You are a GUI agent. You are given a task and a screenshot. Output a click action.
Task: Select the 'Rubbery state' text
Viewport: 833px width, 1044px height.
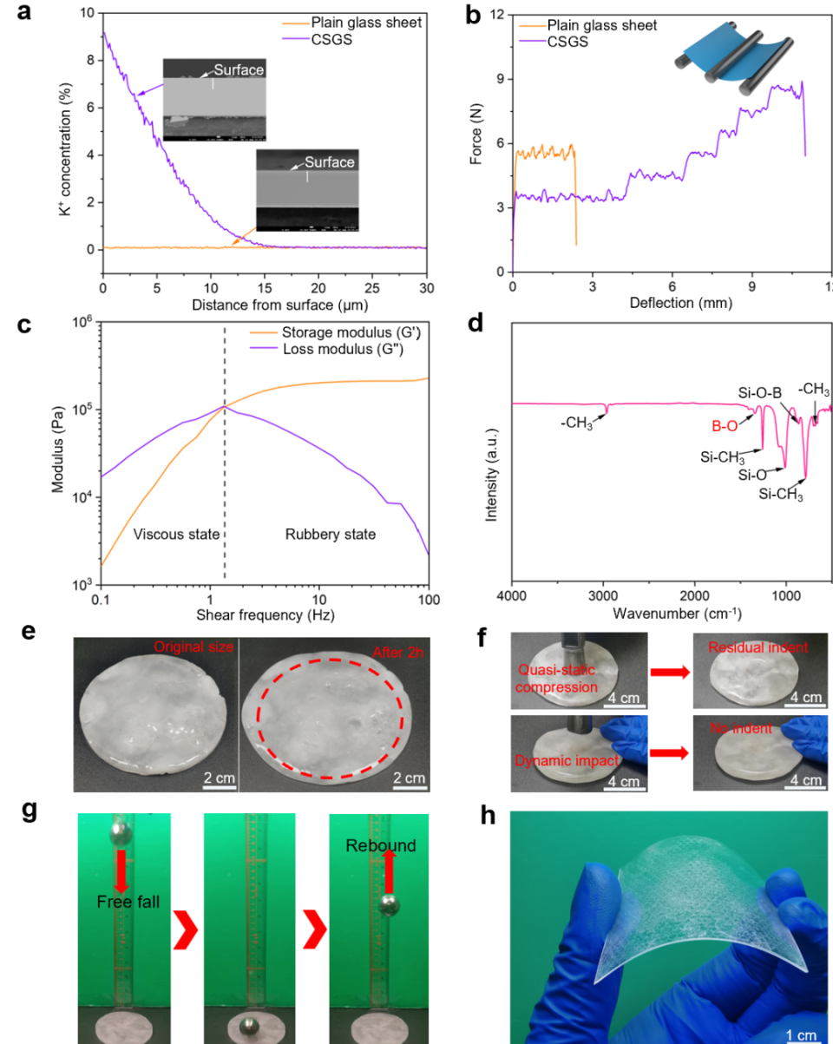click(331, 534)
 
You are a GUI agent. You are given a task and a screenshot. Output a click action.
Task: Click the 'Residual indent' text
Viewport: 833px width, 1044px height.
click(758, 647)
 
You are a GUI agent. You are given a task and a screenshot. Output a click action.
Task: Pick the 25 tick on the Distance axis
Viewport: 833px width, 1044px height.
click(374, 287)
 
